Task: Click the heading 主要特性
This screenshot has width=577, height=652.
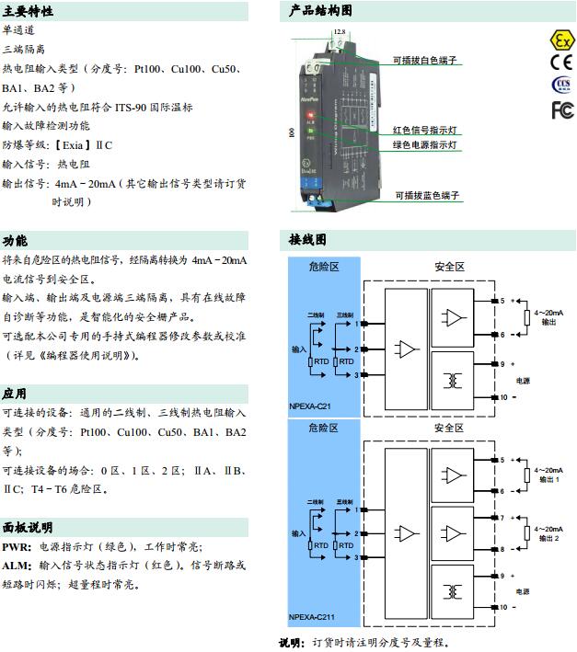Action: (28, 12)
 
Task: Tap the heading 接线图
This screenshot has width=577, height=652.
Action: (308, 240)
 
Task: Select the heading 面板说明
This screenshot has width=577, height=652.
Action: (28, 527)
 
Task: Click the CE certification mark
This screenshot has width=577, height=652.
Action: (561, 63)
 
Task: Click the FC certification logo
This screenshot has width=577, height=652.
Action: (561, 110)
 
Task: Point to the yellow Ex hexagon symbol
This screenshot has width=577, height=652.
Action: (561, 40)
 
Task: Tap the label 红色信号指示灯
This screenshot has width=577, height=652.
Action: (424, 130)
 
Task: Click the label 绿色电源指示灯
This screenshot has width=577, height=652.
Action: (424, 145)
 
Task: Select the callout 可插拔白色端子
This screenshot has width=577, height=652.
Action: (424, 60)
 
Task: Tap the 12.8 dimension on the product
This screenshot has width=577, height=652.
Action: (340, 32)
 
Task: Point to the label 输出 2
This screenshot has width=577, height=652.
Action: (548, 538)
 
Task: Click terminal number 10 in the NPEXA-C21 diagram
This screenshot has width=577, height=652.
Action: (502, 397)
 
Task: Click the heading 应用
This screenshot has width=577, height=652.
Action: (15, 394)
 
